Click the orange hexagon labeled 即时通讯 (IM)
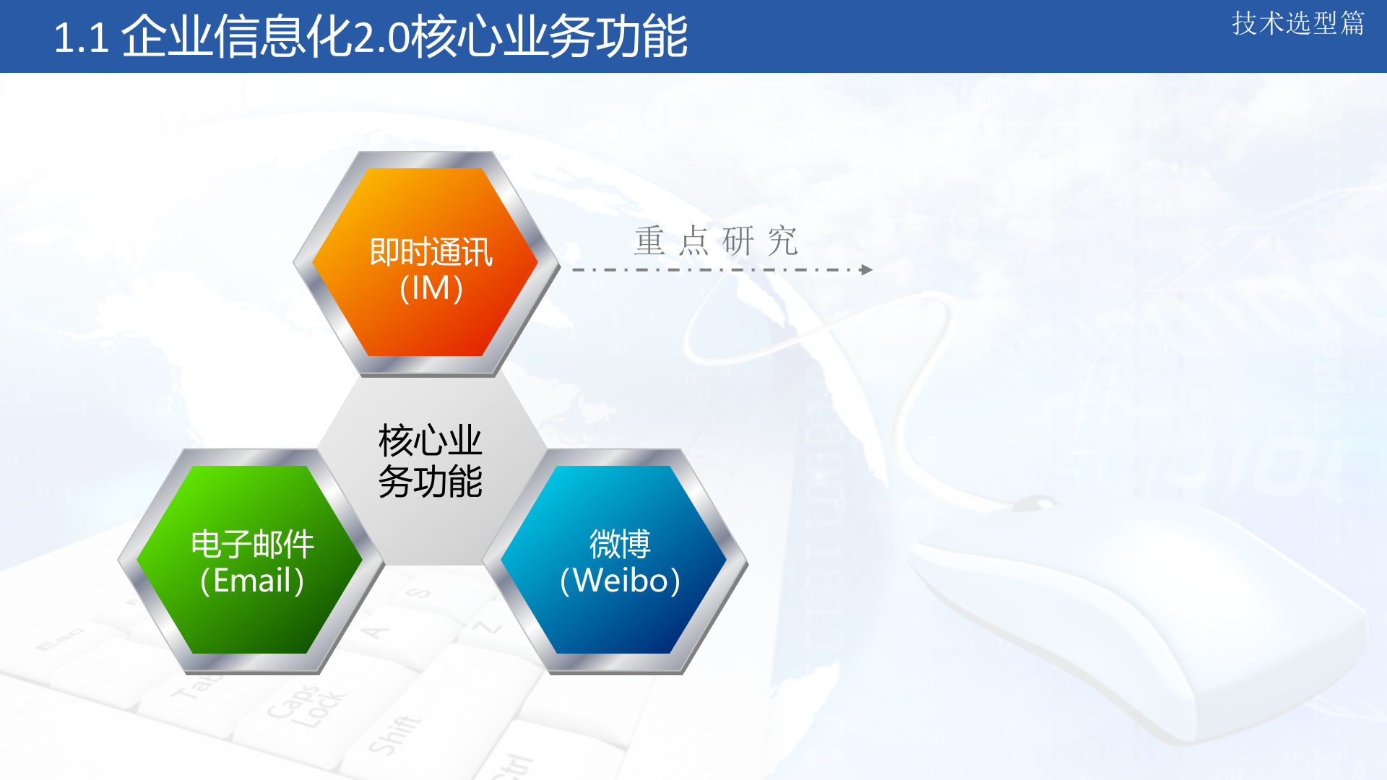(x=426, y=217)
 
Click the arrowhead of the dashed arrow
(x=867, y=270)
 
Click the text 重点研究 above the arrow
(x=715, y=240)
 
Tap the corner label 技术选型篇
(x=1297, y=23)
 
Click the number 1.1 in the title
(x=81, y=38)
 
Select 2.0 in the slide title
(x=381, y=38)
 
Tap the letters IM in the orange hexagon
(x=431, y=289)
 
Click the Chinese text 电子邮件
(x=252, y=545)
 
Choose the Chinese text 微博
(x=620, y=545)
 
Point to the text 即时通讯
(x=431, y=252)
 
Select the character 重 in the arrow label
(x=649, y=240)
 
